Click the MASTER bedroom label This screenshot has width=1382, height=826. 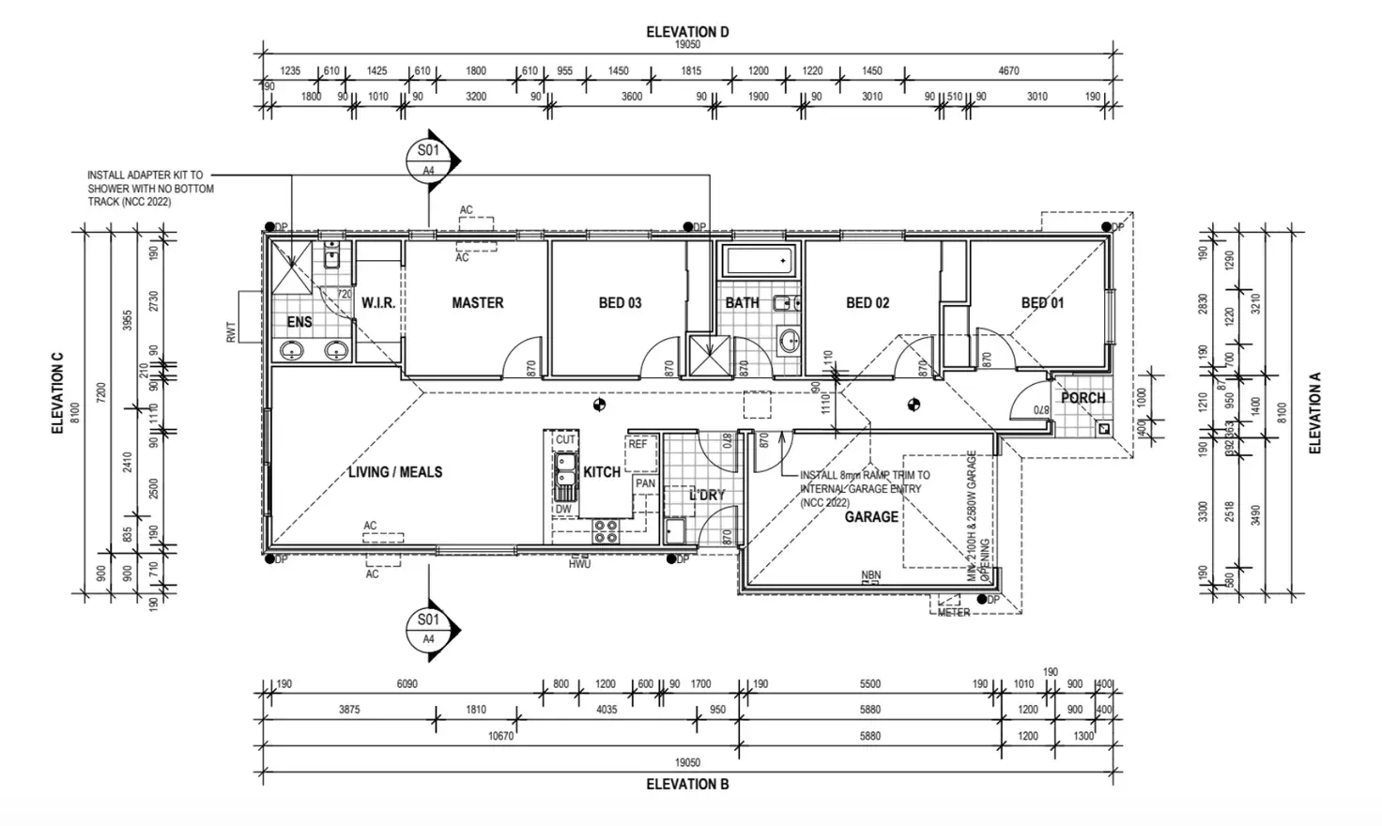(x=477, y=303)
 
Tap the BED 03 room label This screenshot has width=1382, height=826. (x=620, y=303)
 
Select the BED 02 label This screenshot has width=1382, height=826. (x=868, y=303)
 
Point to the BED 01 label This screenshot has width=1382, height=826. (x=1043, y=303)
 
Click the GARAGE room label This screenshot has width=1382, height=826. (x=871, y=517)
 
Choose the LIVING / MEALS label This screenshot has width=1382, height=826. (x=394, y=472)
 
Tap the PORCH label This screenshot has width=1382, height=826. (x=1083, y=398)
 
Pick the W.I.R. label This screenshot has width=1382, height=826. (x=378, y=303)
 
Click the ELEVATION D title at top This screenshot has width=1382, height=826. (x=687, y=32)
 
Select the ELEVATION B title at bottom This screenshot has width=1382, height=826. (x=687, y=784)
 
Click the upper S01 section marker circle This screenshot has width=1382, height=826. (x=428, y=157)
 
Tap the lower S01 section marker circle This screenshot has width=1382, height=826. (x=428, y=626)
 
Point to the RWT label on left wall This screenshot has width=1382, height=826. (x=231, y=331)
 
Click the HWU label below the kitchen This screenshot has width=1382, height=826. (x=579, y=564)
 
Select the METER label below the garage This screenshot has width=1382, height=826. (x=954, y=613)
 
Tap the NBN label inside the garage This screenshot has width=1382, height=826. (x=871, y=575)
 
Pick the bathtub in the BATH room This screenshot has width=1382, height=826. (x=760, y=262)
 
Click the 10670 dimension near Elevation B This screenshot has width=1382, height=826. (x=501, y=736)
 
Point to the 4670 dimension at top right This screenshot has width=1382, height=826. (x=1008, y=70)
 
